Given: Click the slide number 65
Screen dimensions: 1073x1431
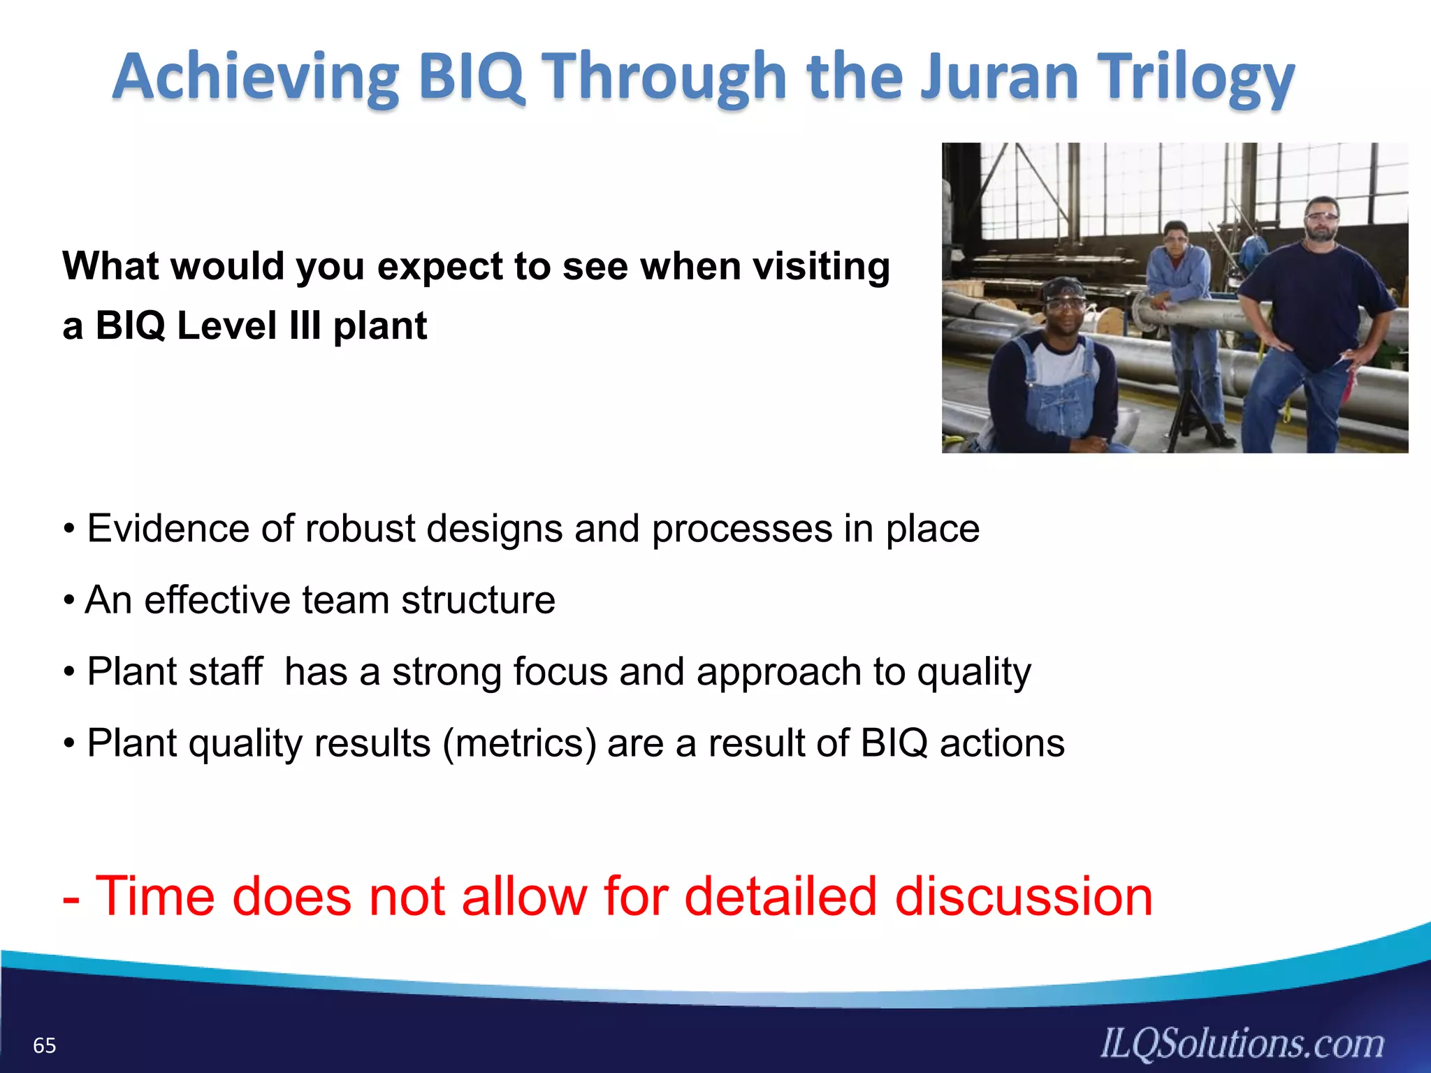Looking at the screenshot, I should coord(45,1046).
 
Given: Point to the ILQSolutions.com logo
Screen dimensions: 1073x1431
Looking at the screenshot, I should coord(1242,1043).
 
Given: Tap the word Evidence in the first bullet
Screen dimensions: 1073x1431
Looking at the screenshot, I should coord(168,528).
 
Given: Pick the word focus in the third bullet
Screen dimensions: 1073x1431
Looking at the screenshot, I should coord(560,671).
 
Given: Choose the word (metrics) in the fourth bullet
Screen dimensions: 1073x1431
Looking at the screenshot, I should coord(519,743).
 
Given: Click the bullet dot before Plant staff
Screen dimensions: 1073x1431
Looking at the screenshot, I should coord(68,673).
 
